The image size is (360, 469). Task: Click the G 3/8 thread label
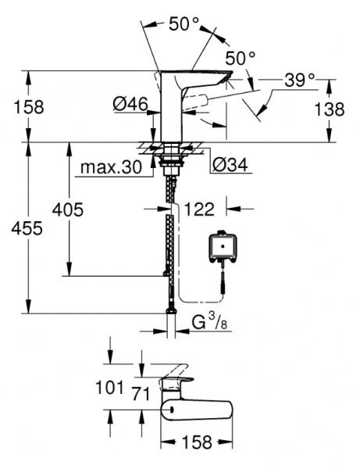pos(207,320)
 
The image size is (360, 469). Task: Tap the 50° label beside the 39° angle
pos(241,58)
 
